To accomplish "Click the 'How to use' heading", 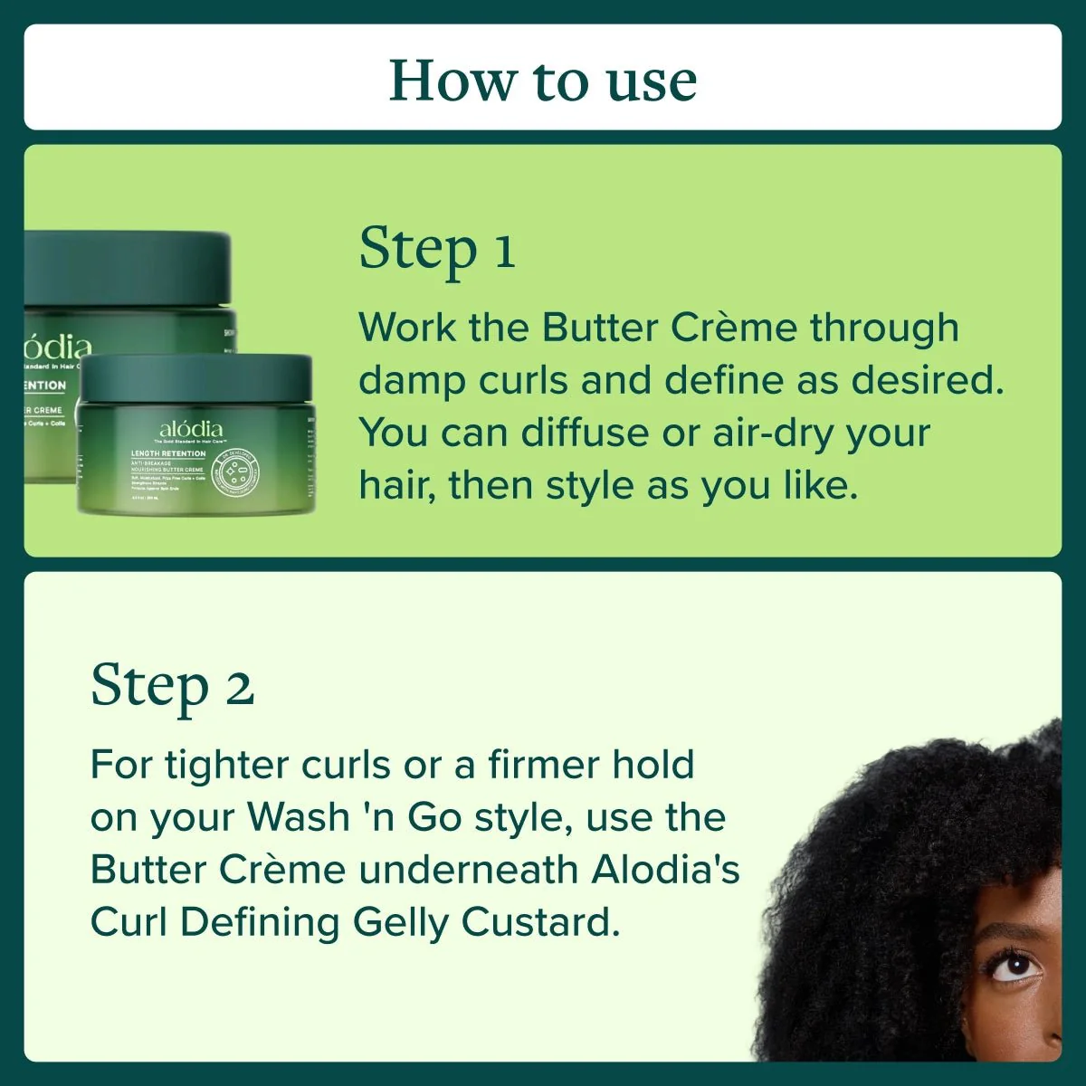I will click(x=543, y=81).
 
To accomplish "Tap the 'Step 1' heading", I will click(x=437, y=249).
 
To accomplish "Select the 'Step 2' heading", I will click(x=172, y=686).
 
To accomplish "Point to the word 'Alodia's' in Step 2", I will click(x=665, y=870).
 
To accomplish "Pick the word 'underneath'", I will click(x=469, y=870).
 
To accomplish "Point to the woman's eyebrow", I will click(x=1009, y=932).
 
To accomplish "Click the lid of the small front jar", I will click(x=195, y=377).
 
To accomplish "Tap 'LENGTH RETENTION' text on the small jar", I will click(x=168, y=452).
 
